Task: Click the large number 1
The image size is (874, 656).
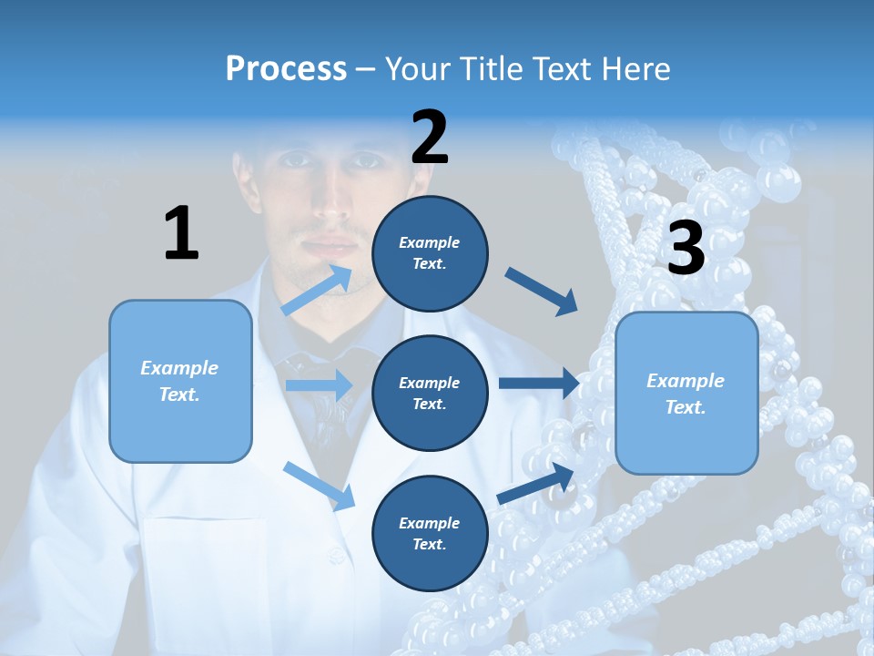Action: pyautogui.click(x=181, y=233)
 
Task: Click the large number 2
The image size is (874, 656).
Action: pyautogui.click(x=430, y=138)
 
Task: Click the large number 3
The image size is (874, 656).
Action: pyautogui.click(x=686, y=248)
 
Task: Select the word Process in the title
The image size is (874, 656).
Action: pyautogui.click(x=286, y=68)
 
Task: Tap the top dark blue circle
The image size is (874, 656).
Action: pyautogui.click(x=430, y=253)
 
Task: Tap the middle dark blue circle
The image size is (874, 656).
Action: pyautogui.click(x=430, y=393)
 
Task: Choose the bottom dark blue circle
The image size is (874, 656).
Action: pyautogui.click(x=430, y=533)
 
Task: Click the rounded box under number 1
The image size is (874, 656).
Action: pyautogui.click(x=180, y=381)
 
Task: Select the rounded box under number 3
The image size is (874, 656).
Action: pyautogui.click(x=686, y=393)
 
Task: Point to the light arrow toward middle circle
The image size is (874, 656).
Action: pyautogui.click(x=319, y=385)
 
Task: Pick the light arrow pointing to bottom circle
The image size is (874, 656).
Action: pyautogui.click(x=320, y=485)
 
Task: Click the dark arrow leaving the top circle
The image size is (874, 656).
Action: pyautogui.click(x=542, y=291)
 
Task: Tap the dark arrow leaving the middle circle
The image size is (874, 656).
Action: pyautogui.click(x=539, y=384)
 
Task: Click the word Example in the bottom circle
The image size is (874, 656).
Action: pyautogui.click(x=430, y=523)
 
